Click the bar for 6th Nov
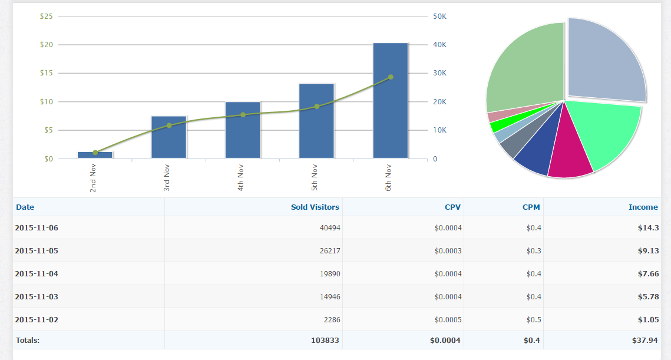391,100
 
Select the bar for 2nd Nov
95,155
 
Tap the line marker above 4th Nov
243,114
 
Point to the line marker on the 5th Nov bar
317,106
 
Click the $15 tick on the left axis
46,73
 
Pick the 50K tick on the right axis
439,16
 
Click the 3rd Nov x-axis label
167,179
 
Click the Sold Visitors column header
315,207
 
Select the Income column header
643,207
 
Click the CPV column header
452,207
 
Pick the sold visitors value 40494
329,227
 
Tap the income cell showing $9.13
648,250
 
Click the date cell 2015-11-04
37,273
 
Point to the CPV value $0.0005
448,319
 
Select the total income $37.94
646,340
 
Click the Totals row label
28,340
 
